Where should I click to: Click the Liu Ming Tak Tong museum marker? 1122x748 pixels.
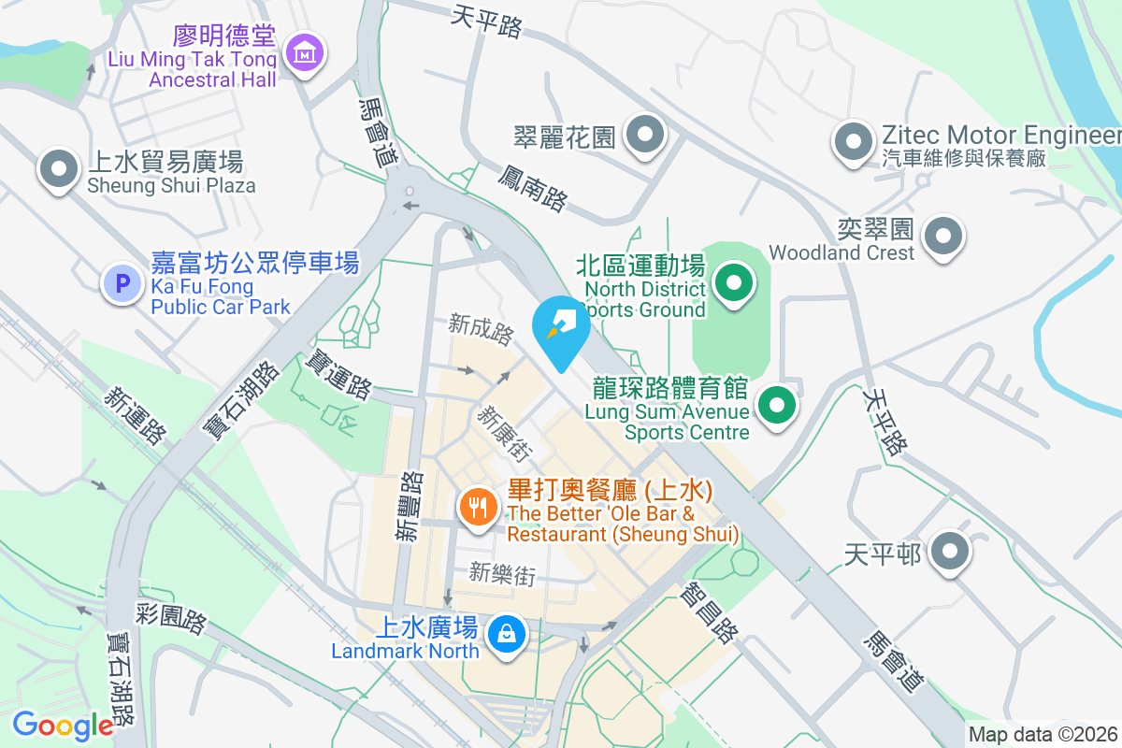[x=304, y=53]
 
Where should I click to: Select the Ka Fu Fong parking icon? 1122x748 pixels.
[x=122, y=281]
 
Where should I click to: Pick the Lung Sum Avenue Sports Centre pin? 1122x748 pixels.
[x=776, y=406]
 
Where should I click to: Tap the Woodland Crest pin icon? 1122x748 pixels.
[x=943, y=235]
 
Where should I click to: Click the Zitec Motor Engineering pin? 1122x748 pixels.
[x=852, y=142]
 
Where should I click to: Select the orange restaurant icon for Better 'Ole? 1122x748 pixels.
[x=479, y=508]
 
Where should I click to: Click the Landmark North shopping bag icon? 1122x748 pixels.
[x=506, y=634]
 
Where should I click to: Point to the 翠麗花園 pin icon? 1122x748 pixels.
[x=643, y=136]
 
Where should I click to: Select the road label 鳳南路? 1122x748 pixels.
[x=533, y=185]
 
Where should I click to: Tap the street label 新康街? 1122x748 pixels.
[x=505, y=432]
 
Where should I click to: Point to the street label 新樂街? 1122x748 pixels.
[x=502, y=573]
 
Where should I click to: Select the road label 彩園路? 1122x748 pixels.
[x=171, y=617]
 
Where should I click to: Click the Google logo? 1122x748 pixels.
[x=63, y=726]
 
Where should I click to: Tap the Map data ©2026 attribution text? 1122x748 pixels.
[x=1043, y=735]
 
